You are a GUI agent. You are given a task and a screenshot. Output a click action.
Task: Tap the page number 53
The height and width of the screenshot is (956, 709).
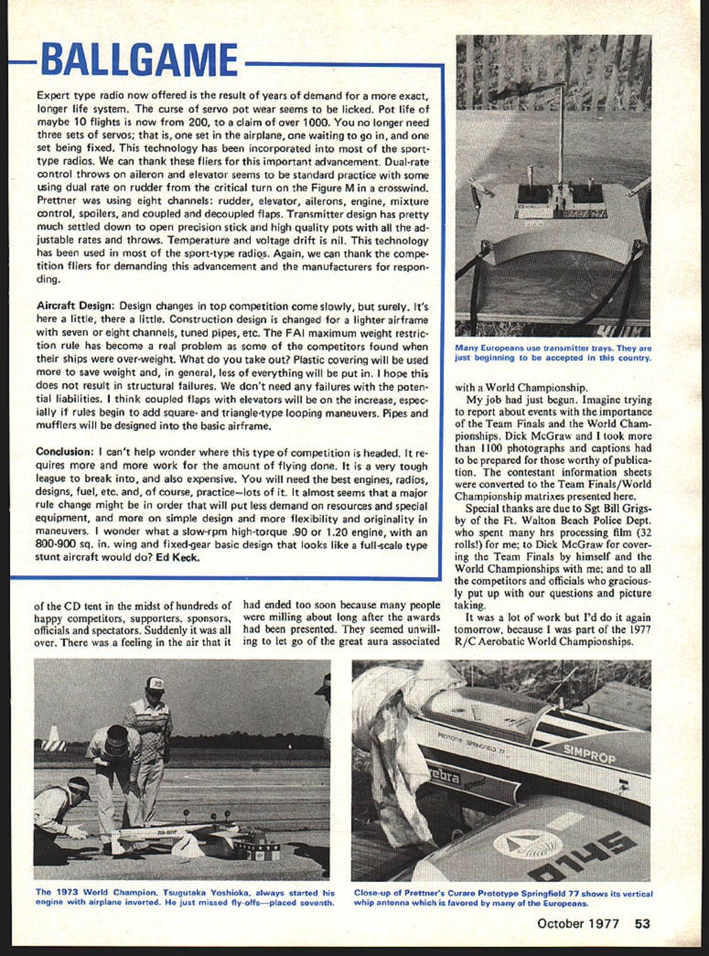click(x=642, y=924)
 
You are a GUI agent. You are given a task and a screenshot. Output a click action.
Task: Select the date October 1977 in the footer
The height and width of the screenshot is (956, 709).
click(x=578, y=924)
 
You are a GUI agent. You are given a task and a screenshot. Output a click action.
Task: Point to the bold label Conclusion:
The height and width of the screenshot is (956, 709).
click(x=65, y=453)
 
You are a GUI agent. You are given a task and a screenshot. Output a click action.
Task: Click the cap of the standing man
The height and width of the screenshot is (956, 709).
click(x=155, y=684)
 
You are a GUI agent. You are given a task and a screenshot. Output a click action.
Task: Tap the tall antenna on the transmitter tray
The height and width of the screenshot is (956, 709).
click(x=561, y=130)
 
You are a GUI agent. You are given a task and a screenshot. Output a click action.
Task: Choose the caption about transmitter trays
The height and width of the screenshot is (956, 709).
click(x=553, y=353)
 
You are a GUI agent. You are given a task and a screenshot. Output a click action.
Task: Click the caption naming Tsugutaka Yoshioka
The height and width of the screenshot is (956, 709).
click(x=185, y=898)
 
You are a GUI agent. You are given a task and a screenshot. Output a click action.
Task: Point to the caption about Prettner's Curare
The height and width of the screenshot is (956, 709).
click(x=502, y=898)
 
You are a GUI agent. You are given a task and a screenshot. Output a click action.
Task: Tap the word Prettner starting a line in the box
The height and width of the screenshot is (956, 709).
click(x=58, y=202)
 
